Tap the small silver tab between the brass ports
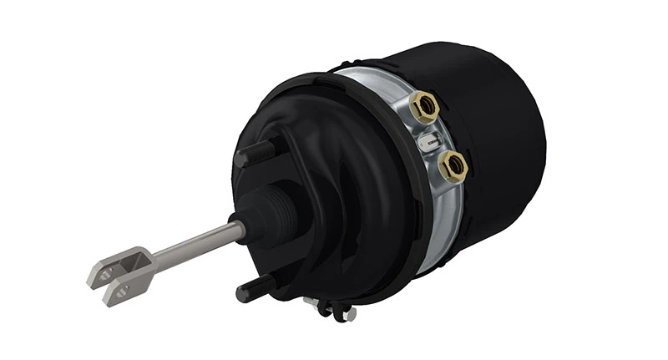tap(429, 142)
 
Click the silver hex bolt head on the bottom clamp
tap(348, 314)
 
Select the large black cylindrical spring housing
tap(493, 109)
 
